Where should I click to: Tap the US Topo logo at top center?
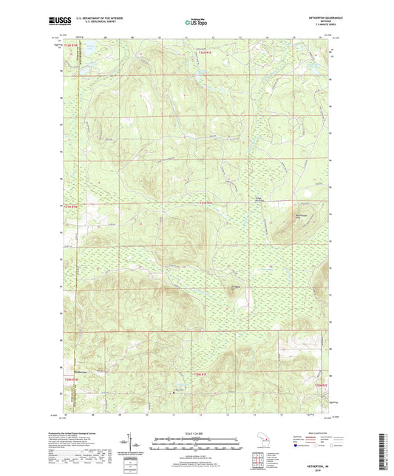(x=195, y=23)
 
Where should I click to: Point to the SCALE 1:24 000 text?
(x=197, y=433)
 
